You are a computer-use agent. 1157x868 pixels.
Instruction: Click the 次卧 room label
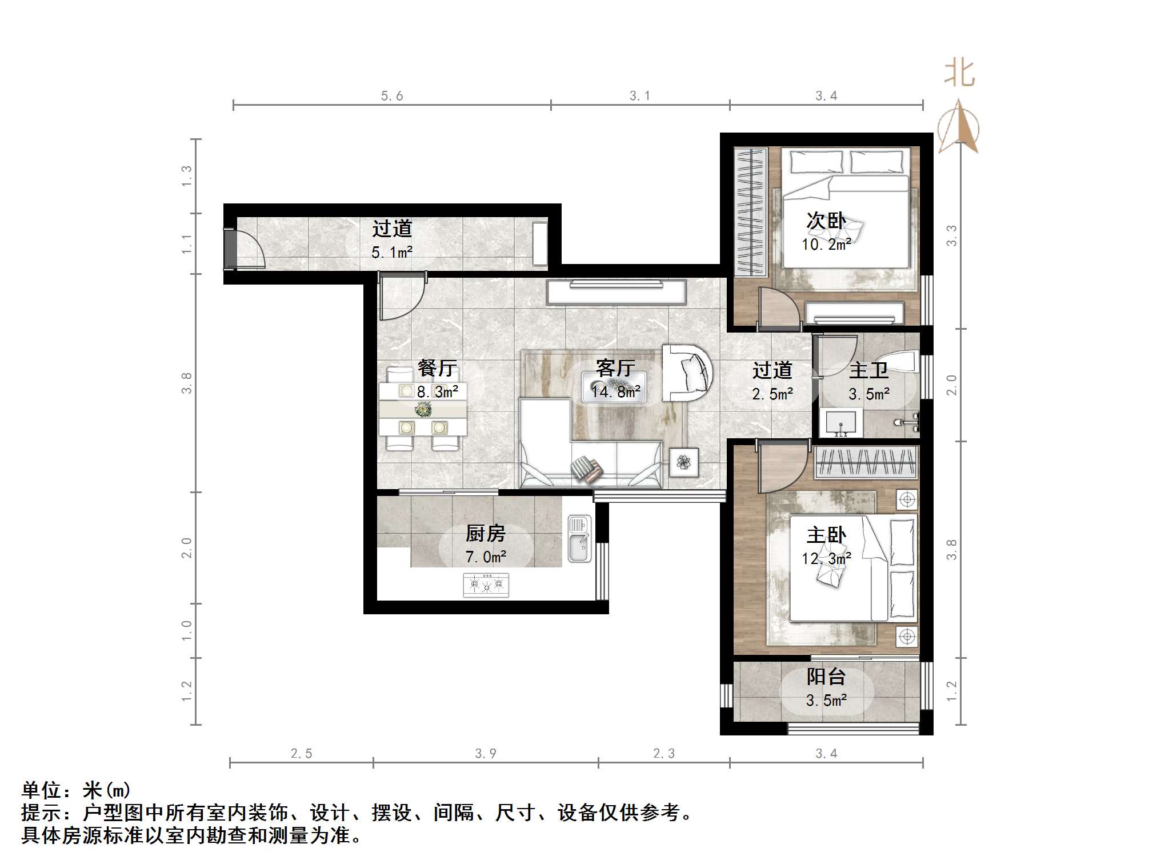click(x=826, y=221)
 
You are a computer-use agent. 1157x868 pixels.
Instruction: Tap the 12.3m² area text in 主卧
click(x=826, y=558)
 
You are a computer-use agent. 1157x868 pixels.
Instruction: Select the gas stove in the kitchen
click(x=486, y=585)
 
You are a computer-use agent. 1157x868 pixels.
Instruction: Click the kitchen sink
click(x=579, y=538)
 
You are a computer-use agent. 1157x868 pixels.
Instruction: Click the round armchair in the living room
click(x=687, y=373)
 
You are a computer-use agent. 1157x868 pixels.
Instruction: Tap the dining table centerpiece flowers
click(x=423, y=409)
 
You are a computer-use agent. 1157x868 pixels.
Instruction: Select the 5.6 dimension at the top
click(x=392, y=96)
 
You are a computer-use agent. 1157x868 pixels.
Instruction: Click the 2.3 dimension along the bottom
click(x=664, y=754)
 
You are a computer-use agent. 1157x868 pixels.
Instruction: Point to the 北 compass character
click(x=959, y=74)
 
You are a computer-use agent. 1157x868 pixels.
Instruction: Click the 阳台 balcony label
click(x=826, y=677)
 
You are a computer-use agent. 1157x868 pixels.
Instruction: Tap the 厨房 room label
click(x=485, y=533)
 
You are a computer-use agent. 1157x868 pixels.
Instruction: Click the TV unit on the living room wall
click(x=616, y=291)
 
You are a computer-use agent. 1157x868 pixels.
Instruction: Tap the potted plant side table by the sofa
click(x=684, y=462)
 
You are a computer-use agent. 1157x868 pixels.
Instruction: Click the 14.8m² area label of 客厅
click(x=615, y=391)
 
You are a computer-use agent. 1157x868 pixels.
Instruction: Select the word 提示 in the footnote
click(x=41, y=812)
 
